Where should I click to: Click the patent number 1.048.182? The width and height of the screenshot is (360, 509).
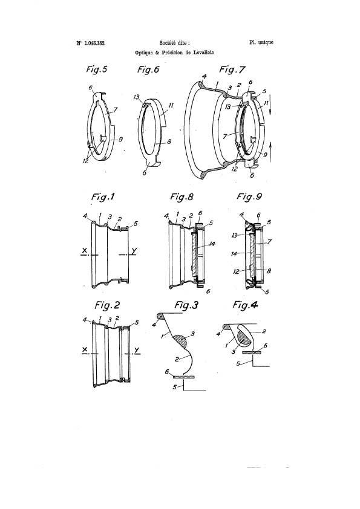point(94,43)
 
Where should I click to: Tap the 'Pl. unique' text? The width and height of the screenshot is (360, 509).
point(261,42)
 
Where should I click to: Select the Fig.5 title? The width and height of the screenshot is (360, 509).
point(96,69)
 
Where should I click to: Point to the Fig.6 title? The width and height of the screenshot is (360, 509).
point(148,69)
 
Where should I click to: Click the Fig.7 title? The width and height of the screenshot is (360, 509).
point(232,70)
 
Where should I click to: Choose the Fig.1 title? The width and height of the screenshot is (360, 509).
point(103,196)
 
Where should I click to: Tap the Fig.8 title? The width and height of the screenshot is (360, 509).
point(182,196)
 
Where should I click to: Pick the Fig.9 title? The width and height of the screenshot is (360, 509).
point(249,196)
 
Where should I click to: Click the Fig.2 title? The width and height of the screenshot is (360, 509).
point(107,305)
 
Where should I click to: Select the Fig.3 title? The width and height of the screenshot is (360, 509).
point(186,305)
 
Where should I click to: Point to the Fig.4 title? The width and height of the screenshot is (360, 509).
point(245,305)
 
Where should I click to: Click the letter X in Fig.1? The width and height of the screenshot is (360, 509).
point(85,250)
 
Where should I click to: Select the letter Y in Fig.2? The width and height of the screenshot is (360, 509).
point(137,350)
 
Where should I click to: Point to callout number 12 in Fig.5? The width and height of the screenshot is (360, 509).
point(86,160)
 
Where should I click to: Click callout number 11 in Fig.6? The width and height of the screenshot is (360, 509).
point(171,105)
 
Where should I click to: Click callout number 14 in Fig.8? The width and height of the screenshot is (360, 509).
point(212,244)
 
